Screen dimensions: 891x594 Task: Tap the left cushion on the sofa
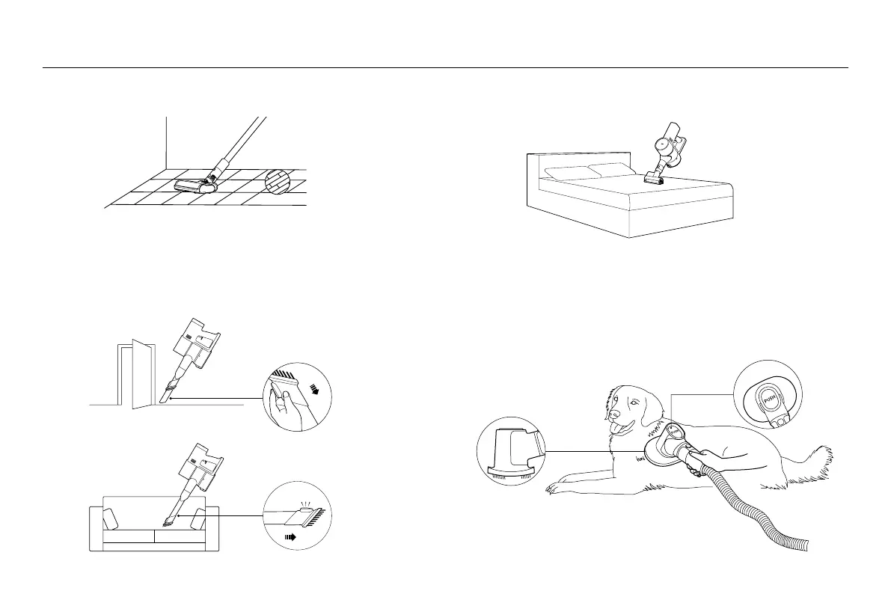110,519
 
